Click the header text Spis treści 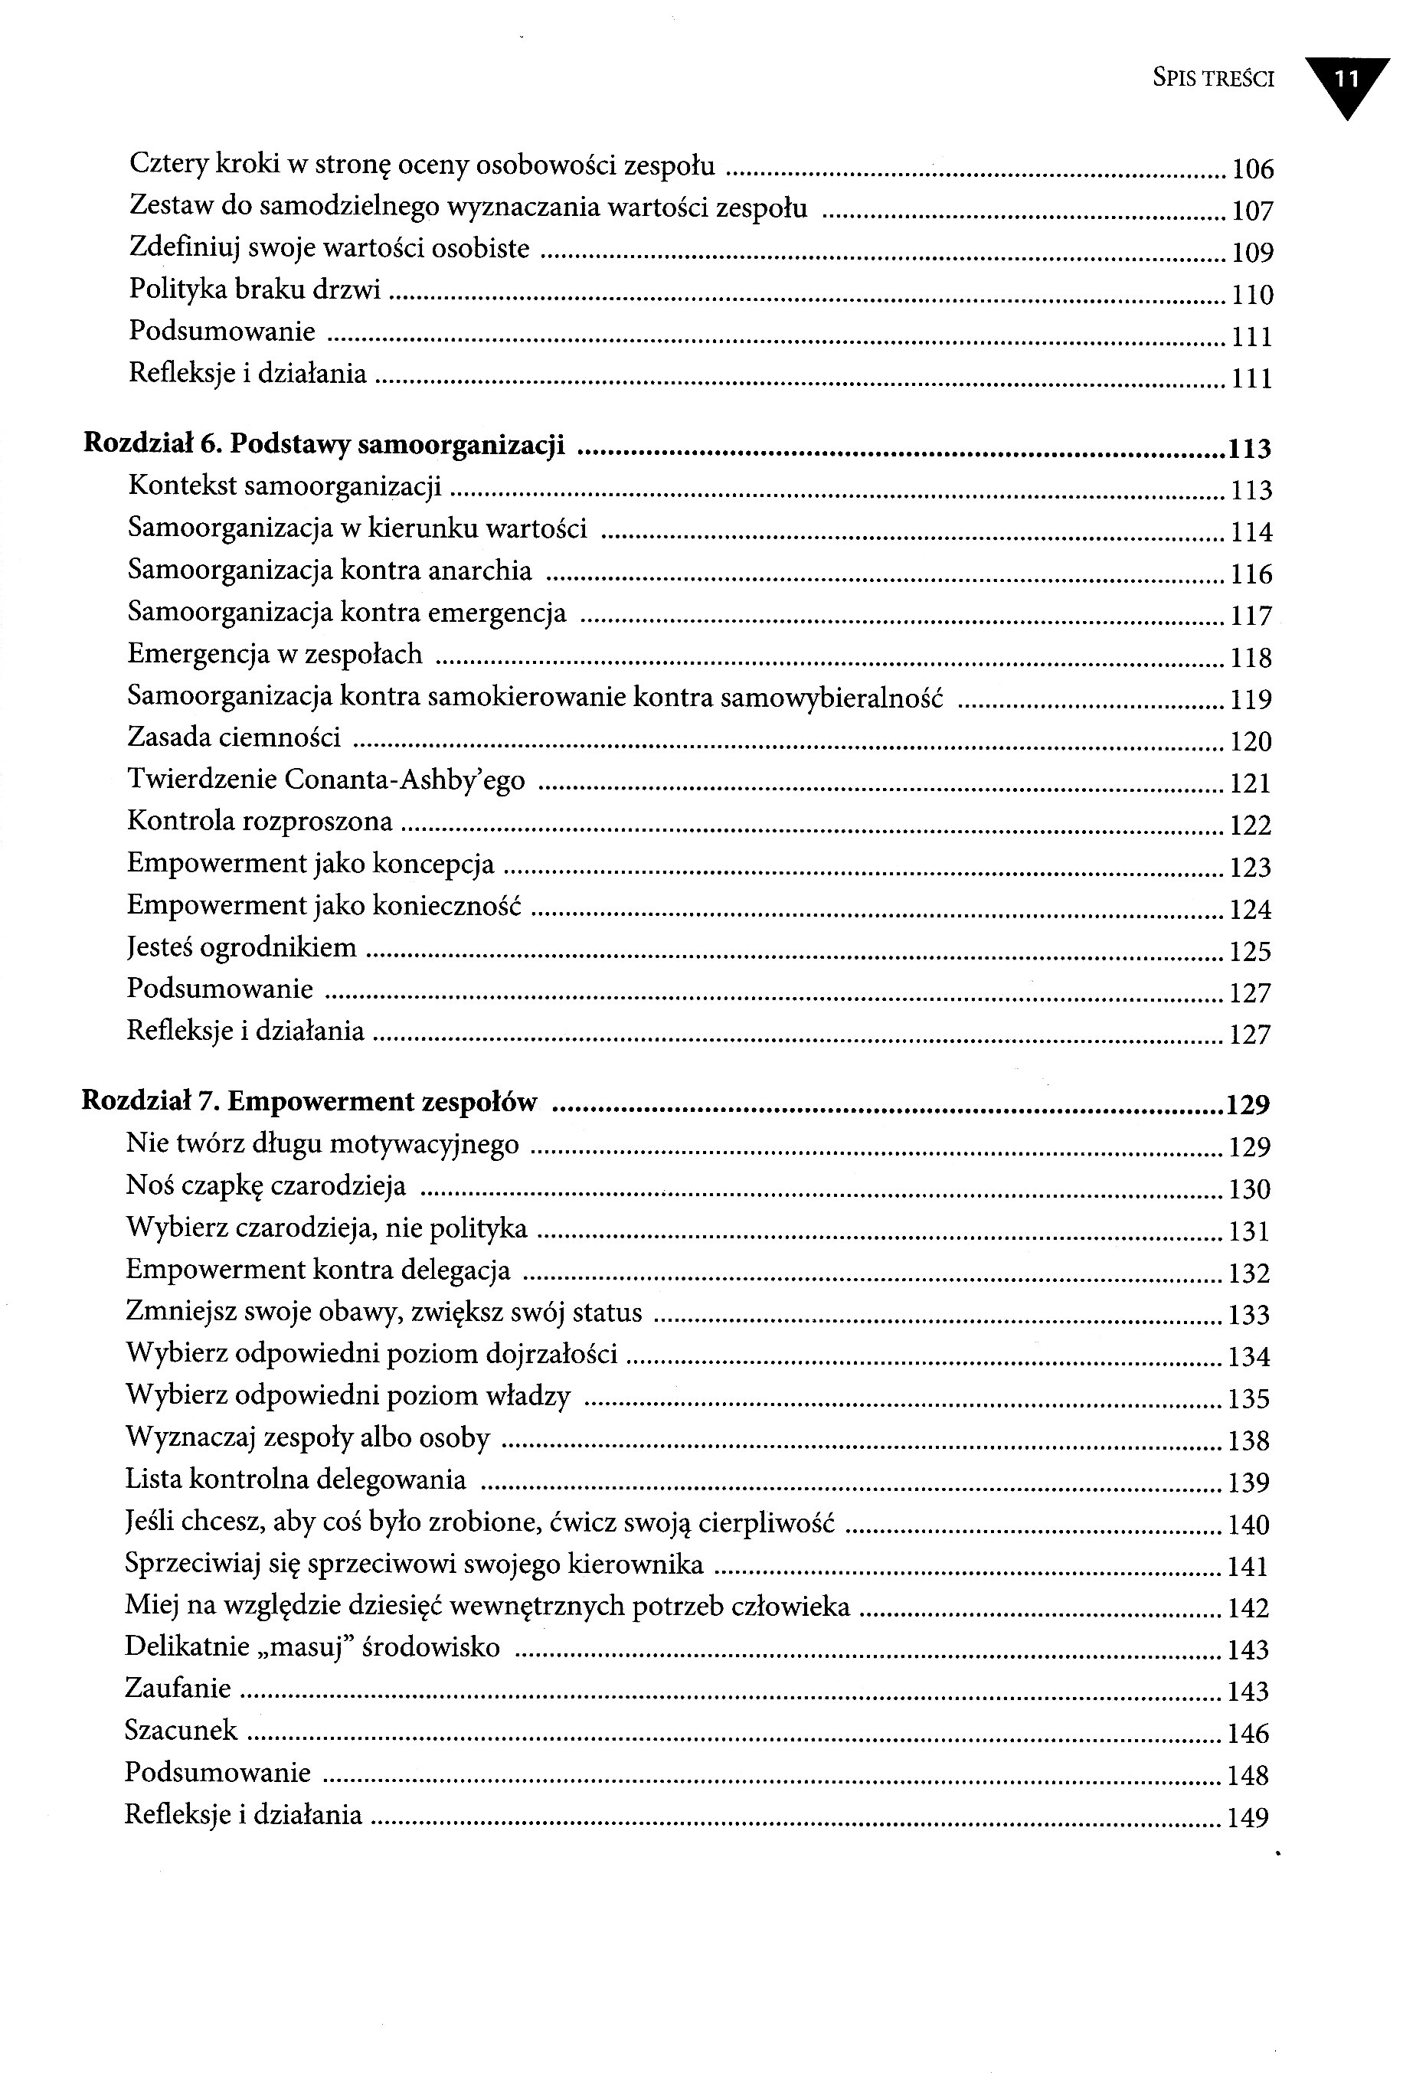(1213, 80)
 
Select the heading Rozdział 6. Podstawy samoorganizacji (324, 444)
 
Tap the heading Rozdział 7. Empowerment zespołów (309, 1102)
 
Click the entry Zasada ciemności (234, 737)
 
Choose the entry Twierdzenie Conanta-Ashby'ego (325, 779)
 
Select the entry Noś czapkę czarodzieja (265, 1185)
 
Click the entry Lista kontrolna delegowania (296, 1479)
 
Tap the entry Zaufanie (178, 1688)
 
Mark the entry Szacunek (181, 1730)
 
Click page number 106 (1252, 168)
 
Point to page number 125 (1250, 952)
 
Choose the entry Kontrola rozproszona (260, 821)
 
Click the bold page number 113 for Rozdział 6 (1249, 449)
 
